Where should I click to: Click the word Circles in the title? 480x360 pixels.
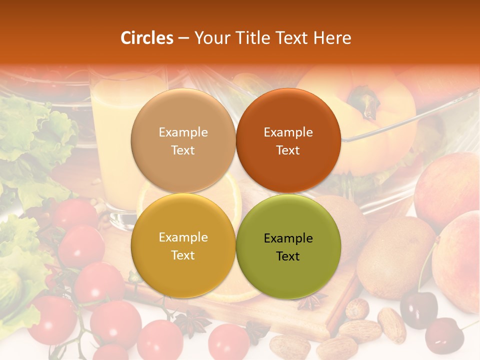(147, 38)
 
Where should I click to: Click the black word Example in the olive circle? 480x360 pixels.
(288, 238)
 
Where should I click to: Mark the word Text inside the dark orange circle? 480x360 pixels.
(288, 150)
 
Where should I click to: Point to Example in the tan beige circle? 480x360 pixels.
(183, 132)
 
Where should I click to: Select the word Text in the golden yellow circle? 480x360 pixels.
(183, 255)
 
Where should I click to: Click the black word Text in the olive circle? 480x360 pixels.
(288, 256)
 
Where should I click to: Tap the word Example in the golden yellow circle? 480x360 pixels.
(183, 237)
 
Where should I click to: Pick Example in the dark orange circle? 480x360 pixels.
(288, 132)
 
